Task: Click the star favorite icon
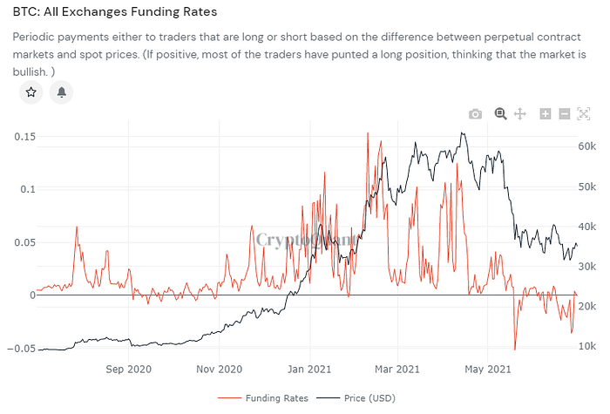click(31, 92)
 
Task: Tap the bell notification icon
click(61, 92)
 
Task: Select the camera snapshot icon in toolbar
click(475, 114)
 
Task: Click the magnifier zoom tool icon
click(501, 113)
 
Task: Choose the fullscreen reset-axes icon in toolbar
click(583, 114)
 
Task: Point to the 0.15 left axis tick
click(23, 136)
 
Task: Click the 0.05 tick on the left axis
click(23, 242)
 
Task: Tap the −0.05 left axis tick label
click(20, 349)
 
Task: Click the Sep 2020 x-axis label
click(128, 369)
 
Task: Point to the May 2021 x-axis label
click(486, 369)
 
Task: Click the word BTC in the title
click(25, 13)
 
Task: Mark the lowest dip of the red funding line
click(515, 350)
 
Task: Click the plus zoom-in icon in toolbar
click(546, 114)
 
